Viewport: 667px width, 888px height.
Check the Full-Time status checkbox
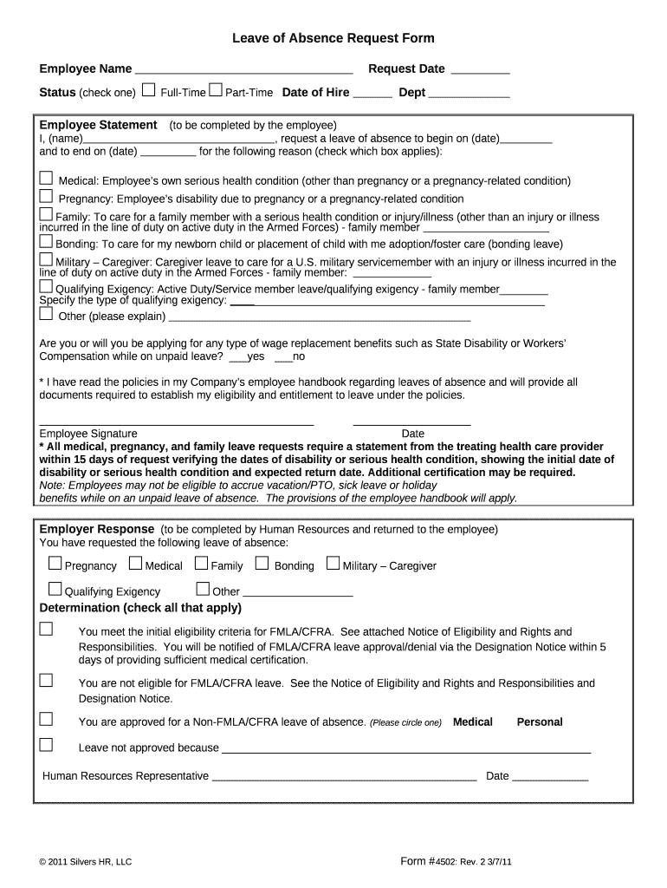(x=149, y=89)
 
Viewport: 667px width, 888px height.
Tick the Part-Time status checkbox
(x=216, y=89)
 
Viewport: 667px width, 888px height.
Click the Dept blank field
(x=469, y=95)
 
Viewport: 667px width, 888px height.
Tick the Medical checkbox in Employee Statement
(x=46, y=178)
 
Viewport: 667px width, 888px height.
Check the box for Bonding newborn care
(x=46, y=242)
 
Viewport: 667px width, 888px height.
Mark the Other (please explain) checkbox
(x=46, y=314)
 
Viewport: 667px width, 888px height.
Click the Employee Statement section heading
(x=99, y=125)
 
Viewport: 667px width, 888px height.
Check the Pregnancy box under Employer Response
(x=55, y=564)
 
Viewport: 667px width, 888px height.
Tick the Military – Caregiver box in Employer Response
(x=333, y=564)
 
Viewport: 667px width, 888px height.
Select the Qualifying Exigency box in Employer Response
(x=55, y=590)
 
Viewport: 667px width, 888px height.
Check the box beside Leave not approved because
(x=46, y=745)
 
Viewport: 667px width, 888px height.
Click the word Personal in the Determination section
(x=540, y=721)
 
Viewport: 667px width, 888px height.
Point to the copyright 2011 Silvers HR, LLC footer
(x=85, y=863)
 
